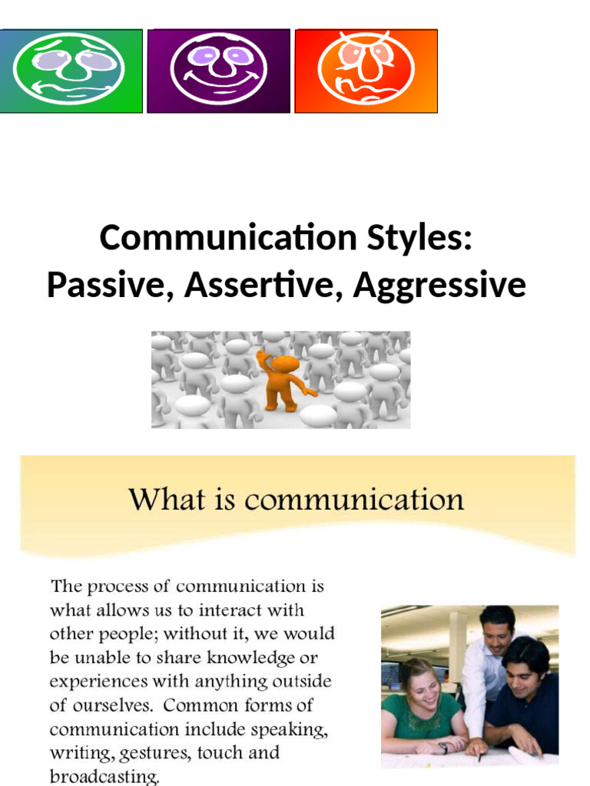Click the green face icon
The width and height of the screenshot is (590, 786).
tap(70, 71)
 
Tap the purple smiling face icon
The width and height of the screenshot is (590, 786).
tap(218, 71)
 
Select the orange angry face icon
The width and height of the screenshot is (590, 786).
tap(366, 71)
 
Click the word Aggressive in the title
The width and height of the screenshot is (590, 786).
tap(439, 286)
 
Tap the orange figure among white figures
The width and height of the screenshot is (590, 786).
tap(283, 381)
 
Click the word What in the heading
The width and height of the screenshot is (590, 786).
tap(160, 500)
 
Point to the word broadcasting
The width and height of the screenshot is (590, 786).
tap(104, 777)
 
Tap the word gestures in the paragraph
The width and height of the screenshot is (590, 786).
tap(138, 753)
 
